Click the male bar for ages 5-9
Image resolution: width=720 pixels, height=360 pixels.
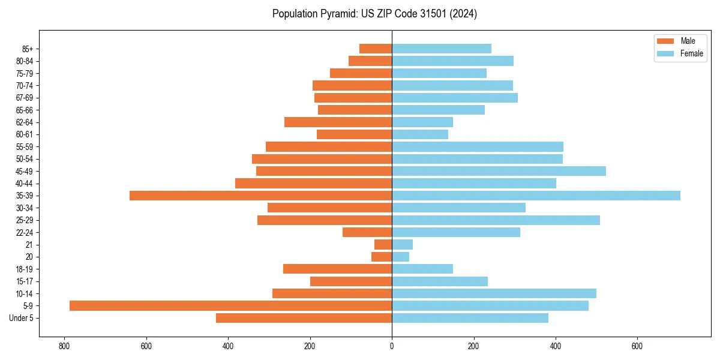[230, 305]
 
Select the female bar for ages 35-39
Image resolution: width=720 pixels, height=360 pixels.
[536, 196]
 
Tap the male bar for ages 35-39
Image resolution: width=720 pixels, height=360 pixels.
[260, 196]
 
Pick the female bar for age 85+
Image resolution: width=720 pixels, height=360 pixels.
[442, 49]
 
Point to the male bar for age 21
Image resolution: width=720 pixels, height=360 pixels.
[383, 244]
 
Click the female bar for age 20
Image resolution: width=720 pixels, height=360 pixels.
[400, 257]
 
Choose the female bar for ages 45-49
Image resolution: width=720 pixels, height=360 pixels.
[499, 171]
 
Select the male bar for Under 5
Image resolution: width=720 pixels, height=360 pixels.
[304, 318]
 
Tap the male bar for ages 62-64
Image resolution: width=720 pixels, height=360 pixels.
[338, 122]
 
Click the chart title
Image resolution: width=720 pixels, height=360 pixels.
[374, 14]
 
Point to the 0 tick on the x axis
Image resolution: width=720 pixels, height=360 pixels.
[392, 346]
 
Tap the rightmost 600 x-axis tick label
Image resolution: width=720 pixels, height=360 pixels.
[637, 346]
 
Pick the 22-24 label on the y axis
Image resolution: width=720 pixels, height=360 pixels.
[25, 232]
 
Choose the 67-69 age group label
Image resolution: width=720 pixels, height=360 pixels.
[25, 98]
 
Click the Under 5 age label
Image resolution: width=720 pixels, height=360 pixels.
[22, 318]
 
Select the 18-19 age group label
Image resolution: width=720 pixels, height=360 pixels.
[25, 269]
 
